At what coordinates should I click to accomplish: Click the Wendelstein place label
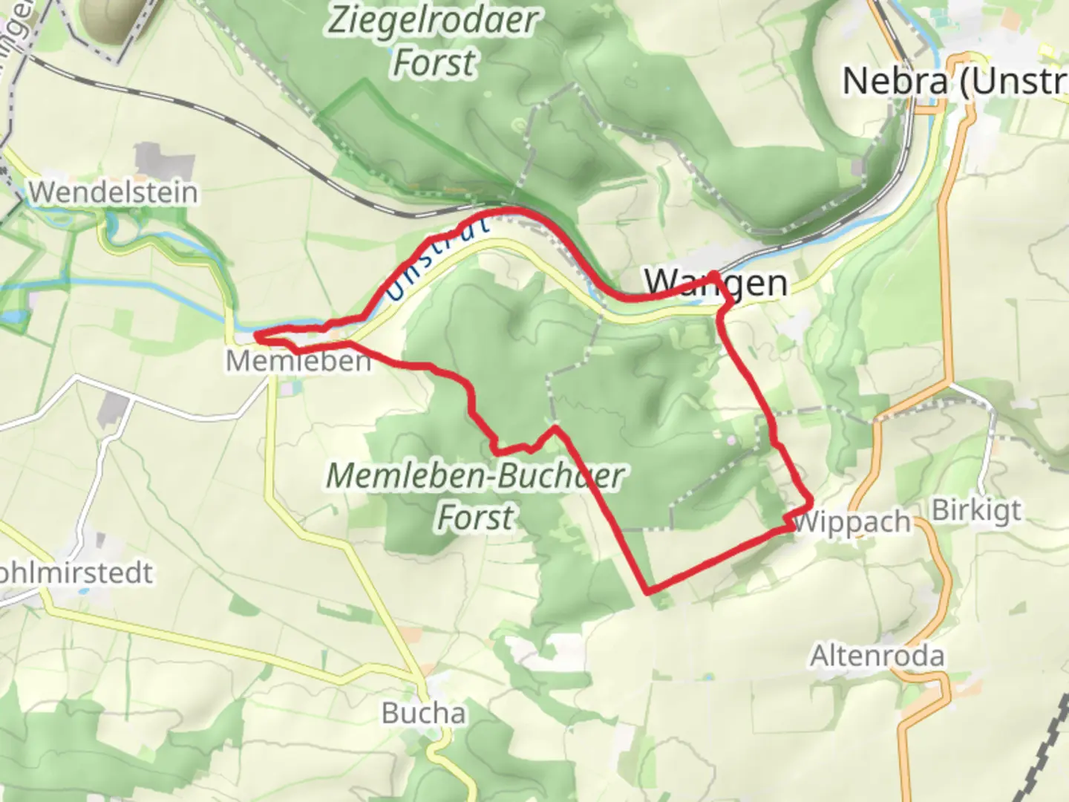(x=114, y=192)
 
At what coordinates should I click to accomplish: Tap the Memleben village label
(x=298, y=362)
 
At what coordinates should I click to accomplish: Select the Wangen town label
(x=716, y=283)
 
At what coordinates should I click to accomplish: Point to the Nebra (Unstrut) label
(x=955, y=81)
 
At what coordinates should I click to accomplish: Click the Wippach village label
(x=851, y=522)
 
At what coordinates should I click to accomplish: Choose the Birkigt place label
(x=976, y=510)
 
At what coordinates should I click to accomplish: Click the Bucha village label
(x=424, y=713)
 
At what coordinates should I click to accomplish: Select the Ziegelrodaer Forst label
(x=433, y=41)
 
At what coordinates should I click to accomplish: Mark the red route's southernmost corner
(x=650, y=592)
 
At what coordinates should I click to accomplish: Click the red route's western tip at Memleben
(x=256, y=337)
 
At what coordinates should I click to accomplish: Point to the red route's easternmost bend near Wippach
(x=811, y=503)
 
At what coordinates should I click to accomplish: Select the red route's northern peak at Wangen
(x=713, y=274)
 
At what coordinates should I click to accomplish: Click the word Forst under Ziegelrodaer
(x=434, y=62)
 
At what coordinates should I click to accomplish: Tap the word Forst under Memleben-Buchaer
(x=475, y=517)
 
